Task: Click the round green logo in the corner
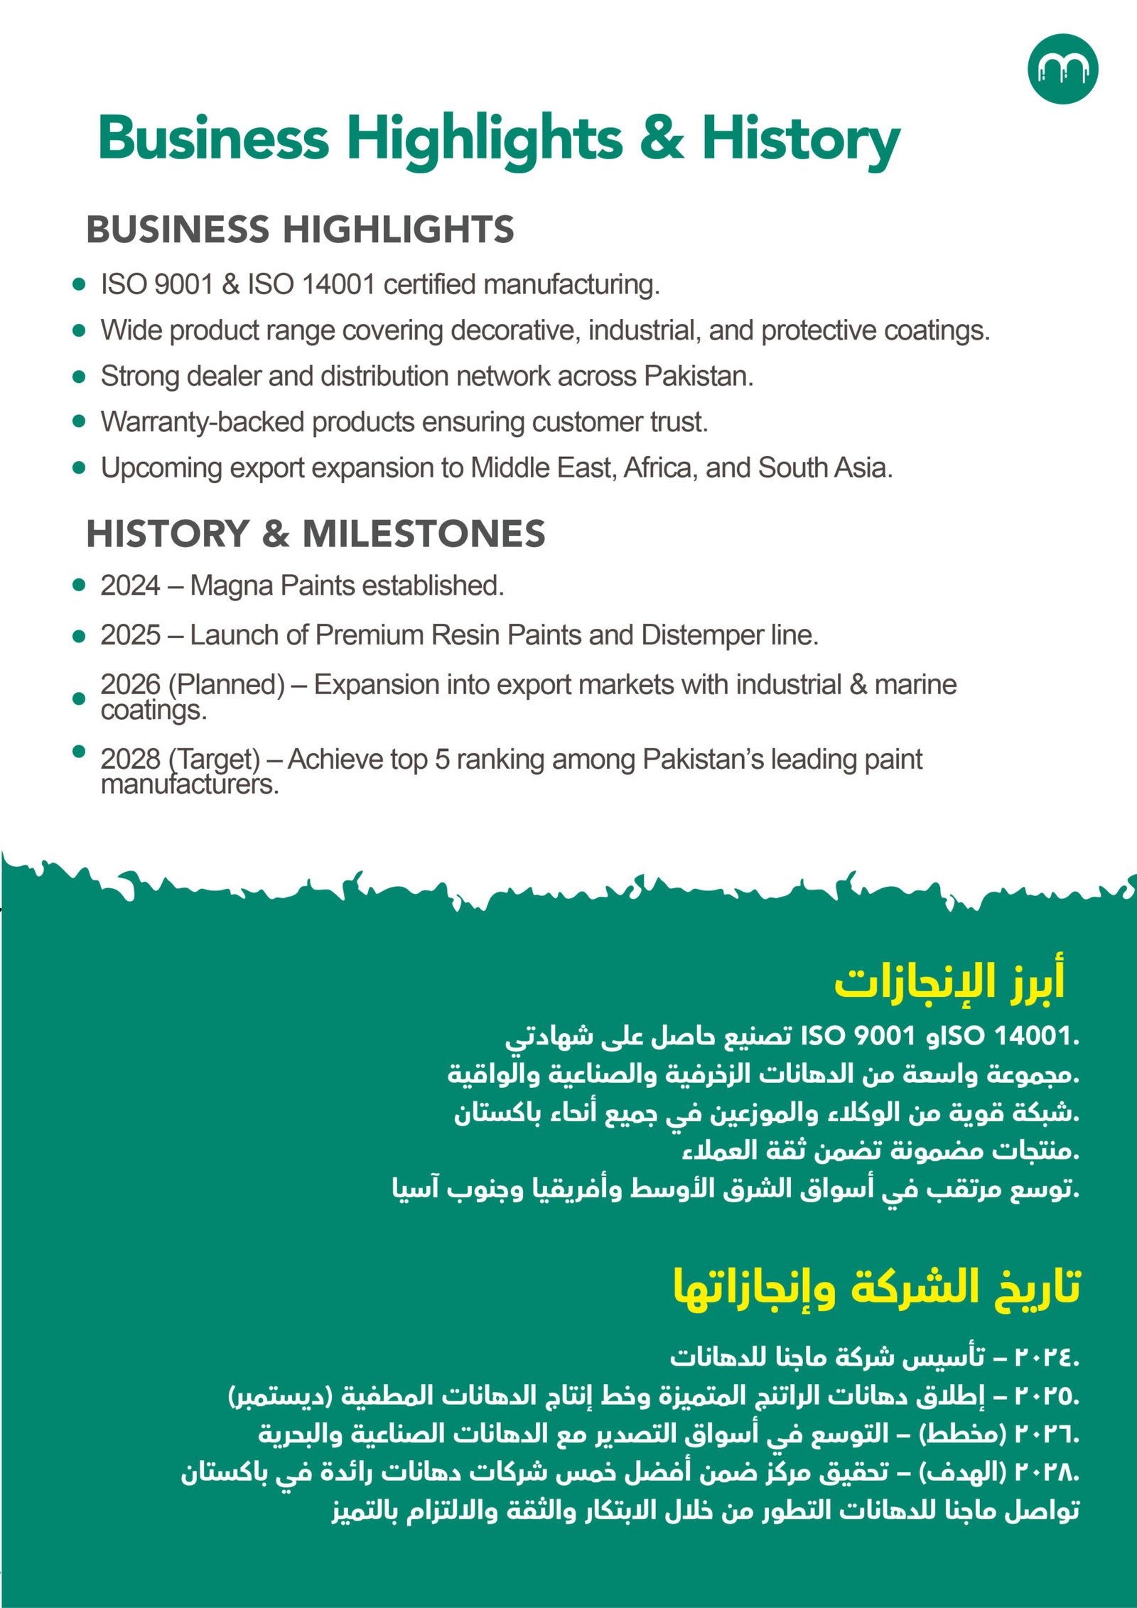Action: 1062,69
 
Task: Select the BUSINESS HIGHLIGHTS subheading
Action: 300,230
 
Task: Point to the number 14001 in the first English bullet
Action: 338,284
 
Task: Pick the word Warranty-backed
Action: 203,422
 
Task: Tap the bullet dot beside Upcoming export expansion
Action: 79,468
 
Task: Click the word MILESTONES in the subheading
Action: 424,534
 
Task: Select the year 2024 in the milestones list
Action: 130,586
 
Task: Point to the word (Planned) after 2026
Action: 227,684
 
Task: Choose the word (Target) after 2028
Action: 215,759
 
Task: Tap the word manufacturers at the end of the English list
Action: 190,784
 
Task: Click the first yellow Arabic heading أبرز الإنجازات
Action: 949,982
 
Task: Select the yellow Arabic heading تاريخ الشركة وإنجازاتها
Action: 877,1286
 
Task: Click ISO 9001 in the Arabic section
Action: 857,1035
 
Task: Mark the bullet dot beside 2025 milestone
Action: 79,635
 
